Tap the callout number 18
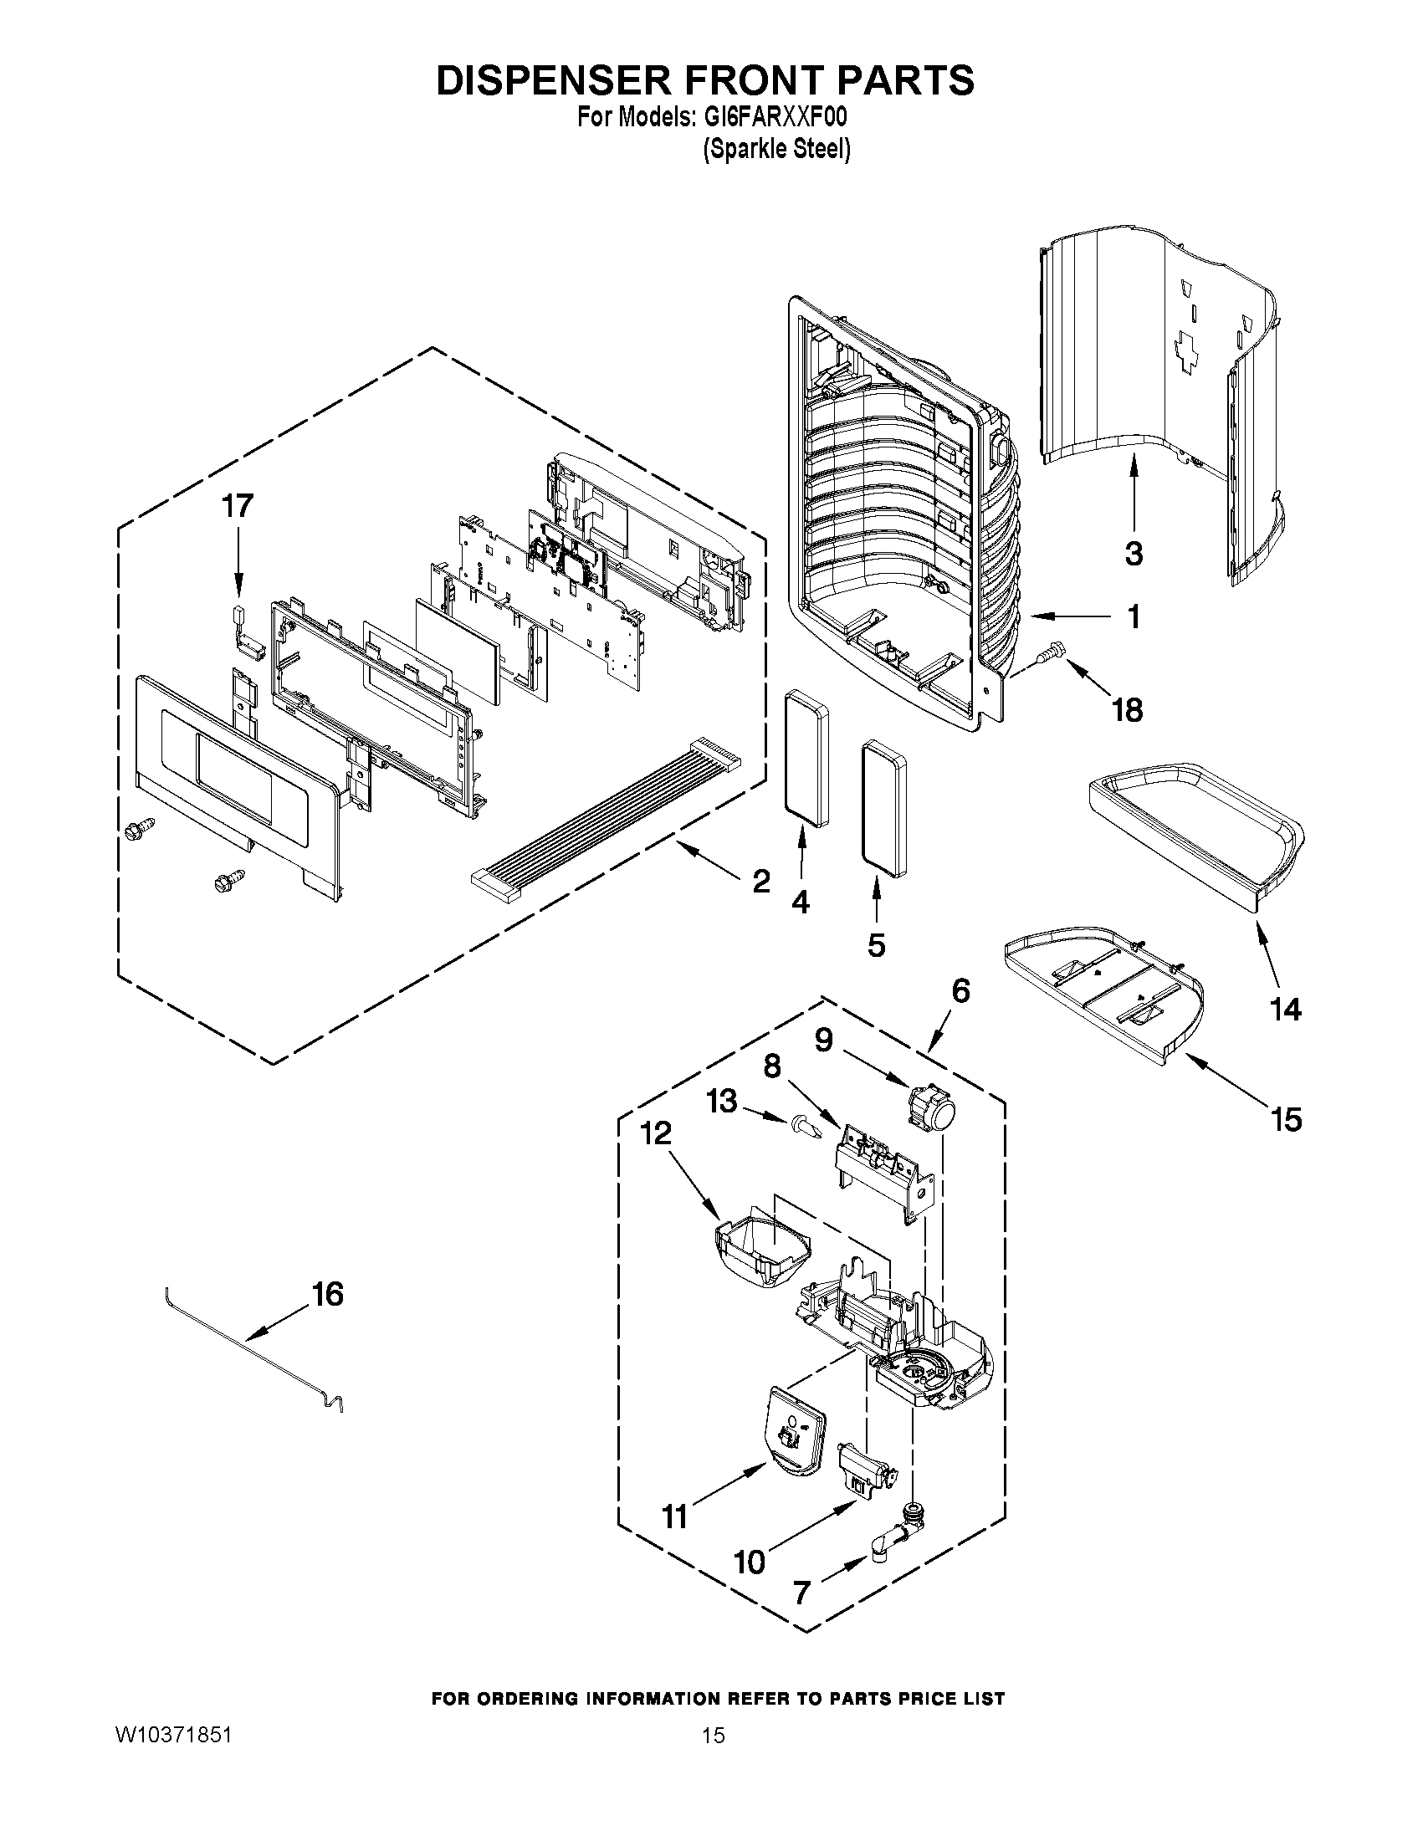point(1127,710)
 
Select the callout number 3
point(1133,554)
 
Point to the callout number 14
point(1286,1008)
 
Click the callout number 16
point(328,1294)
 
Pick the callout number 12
point(656,1132)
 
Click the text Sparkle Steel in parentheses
point(776,149)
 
